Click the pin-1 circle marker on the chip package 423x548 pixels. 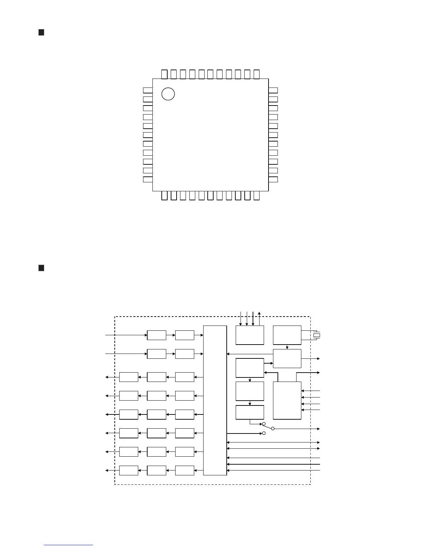click(x=168, y=94)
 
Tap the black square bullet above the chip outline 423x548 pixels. click(x=41, y=33)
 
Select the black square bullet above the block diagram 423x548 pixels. click(x=41, y=268)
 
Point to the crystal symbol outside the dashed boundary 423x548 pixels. click(x=317, y=335)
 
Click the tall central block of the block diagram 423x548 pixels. click(x=215, y=400)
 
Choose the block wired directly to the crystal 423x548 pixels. click(x=287, y=335)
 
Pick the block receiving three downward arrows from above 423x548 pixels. click(x=250, y=335)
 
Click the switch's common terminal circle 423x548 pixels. click(x=273, y=429)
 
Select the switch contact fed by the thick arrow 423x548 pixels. click(x=264, y=433)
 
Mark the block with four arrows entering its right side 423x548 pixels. click(x=287, y=400)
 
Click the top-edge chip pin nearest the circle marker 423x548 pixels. click(x=164, y=74)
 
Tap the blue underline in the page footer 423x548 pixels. click(x=68, y=545)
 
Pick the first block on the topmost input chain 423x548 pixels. click(x=157, y=335)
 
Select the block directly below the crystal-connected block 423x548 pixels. click(x=287, y=358)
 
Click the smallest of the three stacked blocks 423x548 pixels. click(x=250, y=412)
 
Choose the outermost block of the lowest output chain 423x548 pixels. click(x=129, y=471)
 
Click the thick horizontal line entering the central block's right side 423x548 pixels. click(x=273, y=464)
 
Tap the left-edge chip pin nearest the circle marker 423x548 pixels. click(x=148, y=90)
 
